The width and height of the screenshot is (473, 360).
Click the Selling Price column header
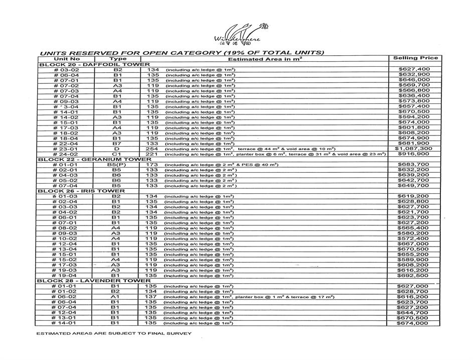[415, 58]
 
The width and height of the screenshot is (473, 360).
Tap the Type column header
[117, 59]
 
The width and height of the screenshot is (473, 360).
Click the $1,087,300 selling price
[413, 149]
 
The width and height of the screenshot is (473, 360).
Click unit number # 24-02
[65, 154]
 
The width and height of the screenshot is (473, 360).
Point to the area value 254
[152, 149]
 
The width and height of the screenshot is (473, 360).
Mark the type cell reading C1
[117, 154]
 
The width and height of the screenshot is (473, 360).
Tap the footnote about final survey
[113, 333]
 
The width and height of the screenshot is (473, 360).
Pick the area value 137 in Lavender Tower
[152, 297]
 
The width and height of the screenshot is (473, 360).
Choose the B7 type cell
[117, 144]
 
